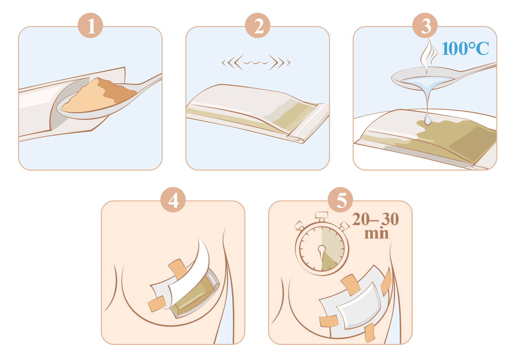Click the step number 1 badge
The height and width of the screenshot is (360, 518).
(x=90, y=26)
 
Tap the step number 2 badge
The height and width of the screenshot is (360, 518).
(x=258, y=26)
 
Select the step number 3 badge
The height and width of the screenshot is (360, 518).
(x=425, y=26)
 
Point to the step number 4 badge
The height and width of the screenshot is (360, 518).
(x=173, y=200)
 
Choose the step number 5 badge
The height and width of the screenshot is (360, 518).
(x=340, y=200)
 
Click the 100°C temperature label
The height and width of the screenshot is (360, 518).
(x=465, y=48)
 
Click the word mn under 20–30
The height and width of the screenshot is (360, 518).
(x=376, y=233)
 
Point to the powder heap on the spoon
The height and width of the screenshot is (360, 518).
(x=99, y=96)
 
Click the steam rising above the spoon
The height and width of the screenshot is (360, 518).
(x=428, y=56)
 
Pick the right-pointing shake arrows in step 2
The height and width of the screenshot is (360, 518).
(x=279, y=62)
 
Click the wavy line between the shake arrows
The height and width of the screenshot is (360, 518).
(x=256, y=62)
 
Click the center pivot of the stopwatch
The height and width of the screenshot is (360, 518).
(x=322, y=249)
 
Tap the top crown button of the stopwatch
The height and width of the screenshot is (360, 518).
(x=322, y=215)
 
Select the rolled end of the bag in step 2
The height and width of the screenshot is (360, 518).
(x=308, y=123)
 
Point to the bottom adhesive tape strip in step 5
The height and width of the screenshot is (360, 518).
(x=369, y=333)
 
